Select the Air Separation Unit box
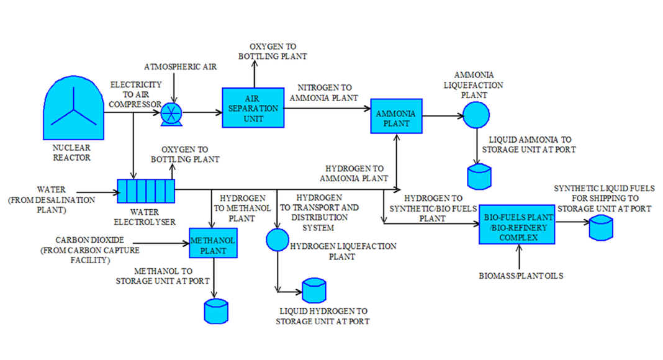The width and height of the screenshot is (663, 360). (x=250, y=107)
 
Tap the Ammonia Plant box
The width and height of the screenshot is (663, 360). (x=397, y=115)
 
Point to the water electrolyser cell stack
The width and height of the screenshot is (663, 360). (x=146, y=191)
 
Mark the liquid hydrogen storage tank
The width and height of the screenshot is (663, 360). (x=313, y=291)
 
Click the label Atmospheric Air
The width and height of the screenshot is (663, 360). (x=181, y=67)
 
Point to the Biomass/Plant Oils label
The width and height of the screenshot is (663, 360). (x=520, y=275)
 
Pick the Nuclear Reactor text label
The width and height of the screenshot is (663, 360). (x=71, y=153)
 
